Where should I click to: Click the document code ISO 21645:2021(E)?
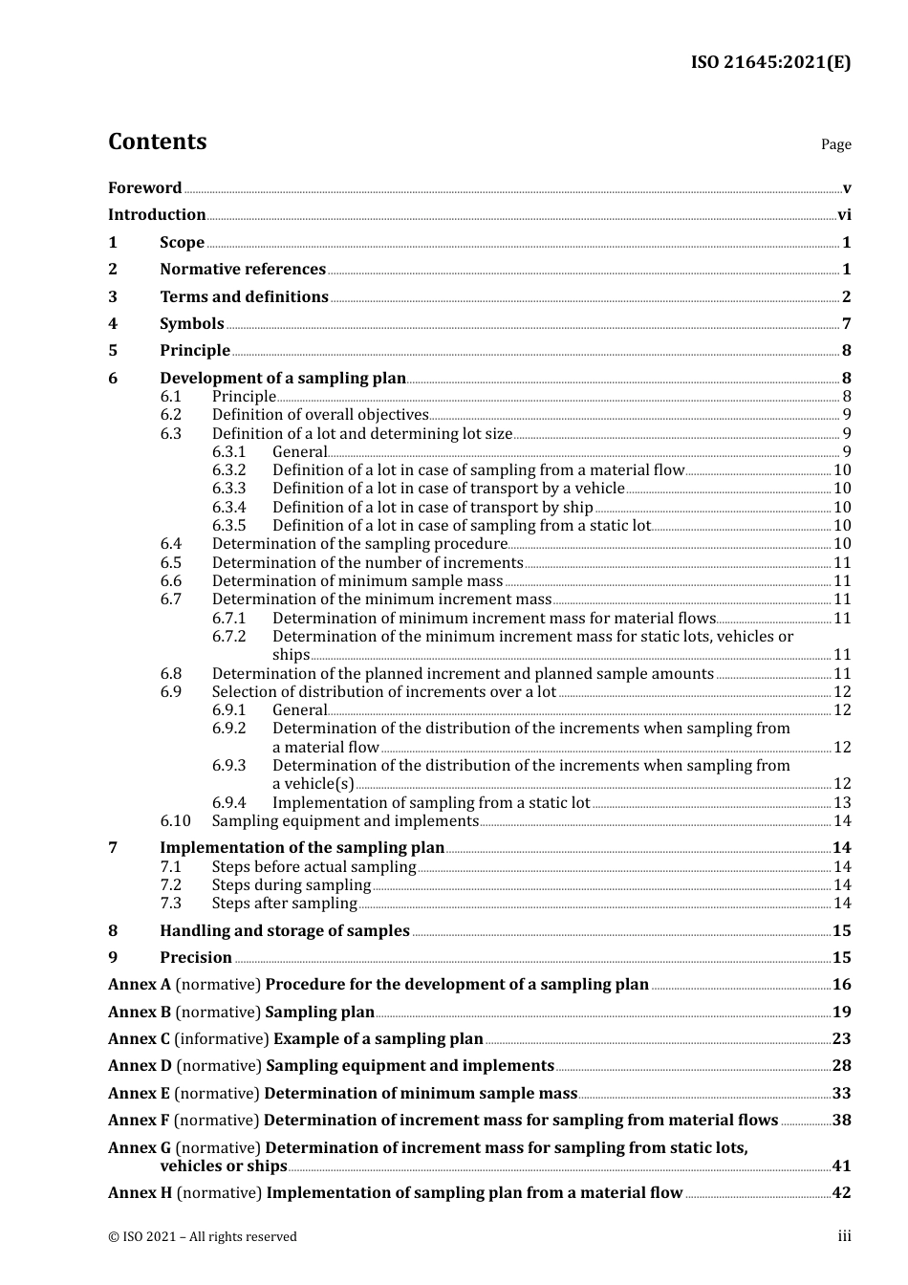coord(770,63)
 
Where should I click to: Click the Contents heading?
coord(157,142)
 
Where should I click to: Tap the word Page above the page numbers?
coord(835,144)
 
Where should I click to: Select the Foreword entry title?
coord(144,188)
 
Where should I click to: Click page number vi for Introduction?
coord(844,215)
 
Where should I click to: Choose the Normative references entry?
coord(243,270)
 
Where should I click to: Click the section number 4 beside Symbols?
coord(113,324)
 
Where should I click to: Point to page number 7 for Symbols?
coord(846,324)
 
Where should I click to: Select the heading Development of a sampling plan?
coord(283,379)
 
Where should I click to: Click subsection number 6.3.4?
coord(228,508)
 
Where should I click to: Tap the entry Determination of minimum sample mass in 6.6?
coord(357,581)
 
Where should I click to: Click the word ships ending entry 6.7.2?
coord(291,655)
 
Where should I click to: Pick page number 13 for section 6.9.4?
coord(842,803)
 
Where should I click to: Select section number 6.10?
coord(175,821)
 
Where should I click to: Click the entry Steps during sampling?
coord(291,885)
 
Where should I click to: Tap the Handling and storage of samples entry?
coord(284,931)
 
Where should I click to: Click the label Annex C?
coord(139,1039)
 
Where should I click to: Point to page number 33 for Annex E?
coord(841,1094)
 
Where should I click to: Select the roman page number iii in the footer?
coord(844,1237)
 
